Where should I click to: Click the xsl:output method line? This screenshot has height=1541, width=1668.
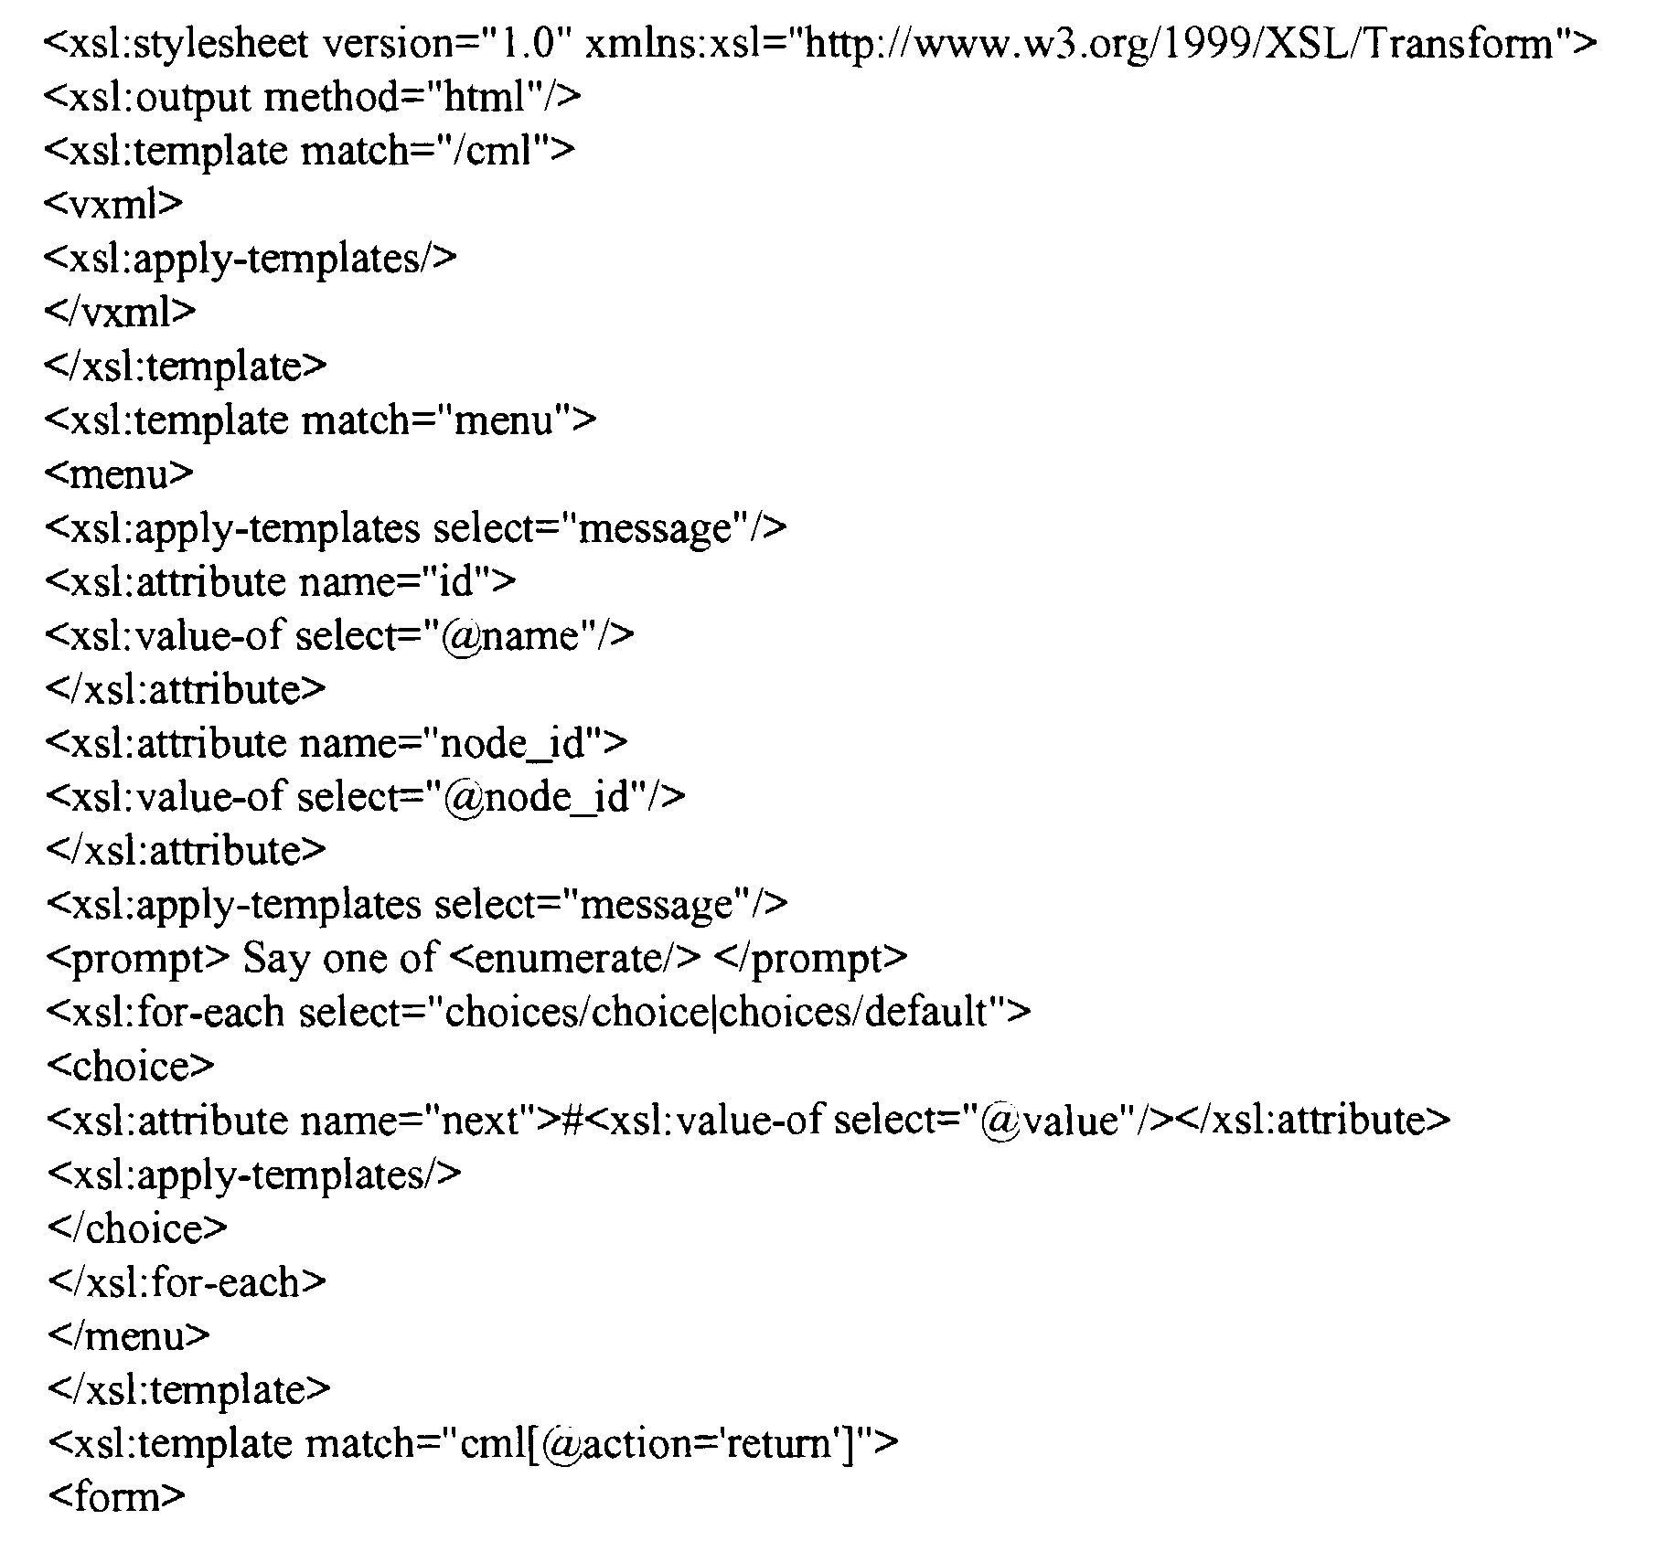tap(312, 97)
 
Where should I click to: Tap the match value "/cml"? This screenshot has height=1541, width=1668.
tap(499, 150)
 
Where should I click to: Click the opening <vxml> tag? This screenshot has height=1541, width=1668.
tap(113, 204)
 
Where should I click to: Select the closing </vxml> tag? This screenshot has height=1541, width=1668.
tap(120, 312)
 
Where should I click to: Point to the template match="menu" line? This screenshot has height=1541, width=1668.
tap(320, 420)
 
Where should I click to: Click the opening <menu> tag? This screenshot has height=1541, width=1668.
tap(119, 473)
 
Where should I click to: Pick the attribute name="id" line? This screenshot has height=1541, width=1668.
tap(280, 581)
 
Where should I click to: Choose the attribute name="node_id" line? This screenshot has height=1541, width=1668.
tap(336, 743)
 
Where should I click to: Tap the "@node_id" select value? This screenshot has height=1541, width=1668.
tap(537, 797)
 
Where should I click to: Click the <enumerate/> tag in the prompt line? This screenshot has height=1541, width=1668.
tap(576, 958)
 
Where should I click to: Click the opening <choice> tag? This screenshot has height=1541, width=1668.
tap(130, 1066)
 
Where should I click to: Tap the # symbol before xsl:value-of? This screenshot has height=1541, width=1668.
tap(571, 1121)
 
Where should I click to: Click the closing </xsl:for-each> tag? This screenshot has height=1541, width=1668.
tap(186, 1281)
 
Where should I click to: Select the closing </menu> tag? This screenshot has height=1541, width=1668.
tap(128, 1335)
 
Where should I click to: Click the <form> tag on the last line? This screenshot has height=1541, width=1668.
tap(115, 1496)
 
